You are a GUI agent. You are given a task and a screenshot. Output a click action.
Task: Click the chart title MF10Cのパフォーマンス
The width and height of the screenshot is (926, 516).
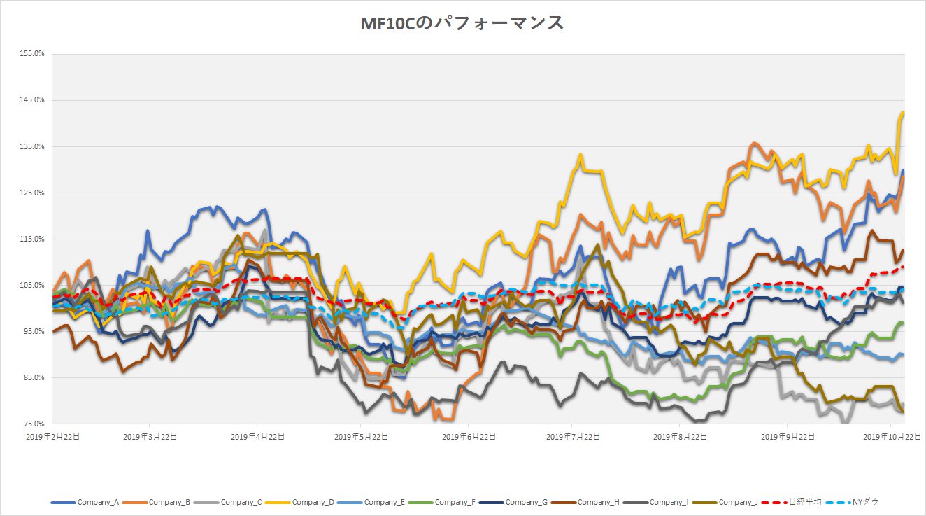click(462, 24)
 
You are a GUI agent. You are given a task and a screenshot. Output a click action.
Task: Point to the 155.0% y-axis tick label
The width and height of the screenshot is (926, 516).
click(33, 54)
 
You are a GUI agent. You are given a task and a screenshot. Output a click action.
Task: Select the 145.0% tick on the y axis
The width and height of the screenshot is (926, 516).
click(33, 100)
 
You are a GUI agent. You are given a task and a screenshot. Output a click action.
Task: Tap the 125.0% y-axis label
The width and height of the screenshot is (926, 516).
click(33, 193)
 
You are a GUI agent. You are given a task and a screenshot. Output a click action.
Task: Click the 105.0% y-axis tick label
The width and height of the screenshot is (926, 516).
click(33, 285)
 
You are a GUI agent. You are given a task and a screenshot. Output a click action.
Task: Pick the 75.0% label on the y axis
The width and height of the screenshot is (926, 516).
click(34, 424)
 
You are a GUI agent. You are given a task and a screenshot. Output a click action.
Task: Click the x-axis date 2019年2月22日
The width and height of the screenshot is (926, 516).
click(53, 436)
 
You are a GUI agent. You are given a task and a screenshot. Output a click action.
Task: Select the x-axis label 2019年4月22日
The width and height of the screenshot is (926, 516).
click(258, 436)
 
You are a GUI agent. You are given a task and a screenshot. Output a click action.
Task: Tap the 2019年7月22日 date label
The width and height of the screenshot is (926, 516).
click(573, 436)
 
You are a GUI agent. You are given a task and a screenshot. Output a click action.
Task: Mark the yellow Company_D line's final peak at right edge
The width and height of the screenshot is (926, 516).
click(903, 113)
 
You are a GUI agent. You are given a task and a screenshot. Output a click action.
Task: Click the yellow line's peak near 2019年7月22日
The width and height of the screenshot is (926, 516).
click(580, 155)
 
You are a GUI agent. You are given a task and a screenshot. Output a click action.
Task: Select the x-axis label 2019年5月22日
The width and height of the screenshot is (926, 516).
click(362, 436)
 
